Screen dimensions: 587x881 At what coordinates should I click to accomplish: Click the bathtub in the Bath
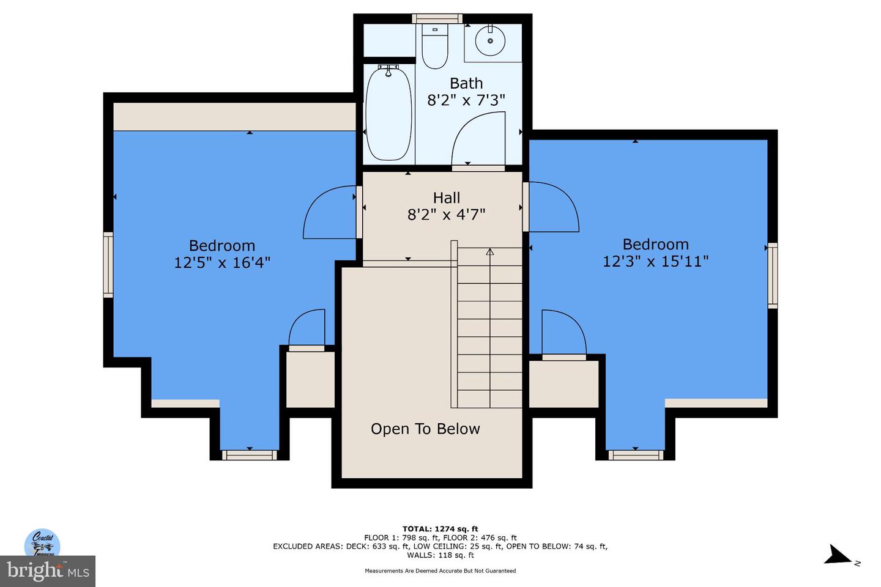point(388,114)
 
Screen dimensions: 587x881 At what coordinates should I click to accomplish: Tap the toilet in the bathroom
point(434,46)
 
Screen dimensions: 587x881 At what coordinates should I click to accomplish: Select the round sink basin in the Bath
point(490,40)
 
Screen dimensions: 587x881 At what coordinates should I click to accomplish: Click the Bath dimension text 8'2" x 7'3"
point(466,100)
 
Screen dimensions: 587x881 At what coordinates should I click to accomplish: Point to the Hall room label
point(447,198)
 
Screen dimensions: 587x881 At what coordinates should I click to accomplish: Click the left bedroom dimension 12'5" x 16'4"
point(222,262)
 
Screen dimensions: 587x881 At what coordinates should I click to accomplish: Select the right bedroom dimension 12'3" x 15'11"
point(655,261)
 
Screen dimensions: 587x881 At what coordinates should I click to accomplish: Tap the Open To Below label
point(425,429)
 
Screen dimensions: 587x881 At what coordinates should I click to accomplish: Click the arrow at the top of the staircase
point(489,251)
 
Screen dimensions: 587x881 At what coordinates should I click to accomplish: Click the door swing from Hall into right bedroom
point(552,208)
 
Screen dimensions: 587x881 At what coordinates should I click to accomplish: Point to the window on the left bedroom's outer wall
point(108,264)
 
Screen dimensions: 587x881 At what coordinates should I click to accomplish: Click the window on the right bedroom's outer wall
point(773,275)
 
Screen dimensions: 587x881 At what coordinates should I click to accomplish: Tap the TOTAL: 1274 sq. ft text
point(440,529)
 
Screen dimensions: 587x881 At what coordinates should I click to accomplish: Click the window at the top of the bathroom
point(437,18)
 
